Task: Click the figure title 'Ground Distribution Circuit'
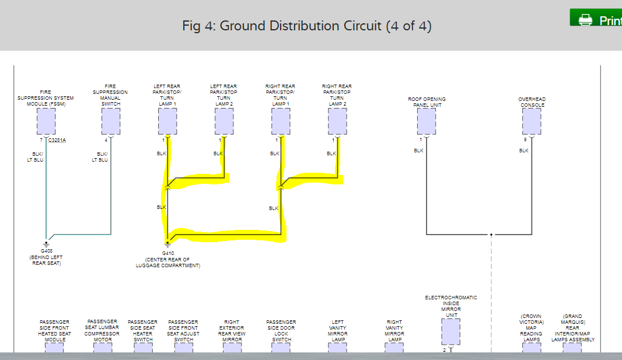click(307, 26)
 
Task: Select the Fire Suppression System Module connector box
click(46, 121)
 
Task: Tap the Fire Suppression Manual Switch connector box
click(110, 121)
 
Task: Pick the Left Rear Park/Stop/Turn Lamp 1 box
click(167, 121)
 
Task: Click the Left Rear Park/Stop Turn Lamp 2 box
click(224, 121)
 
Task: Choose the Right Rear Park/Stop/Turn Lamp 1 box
click(281, 121)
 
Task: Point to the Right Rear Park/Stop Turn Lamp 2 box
click(337, 121)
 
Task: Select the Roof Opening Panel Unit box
click(427, 121)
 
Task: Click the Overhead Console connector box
click(532, 121)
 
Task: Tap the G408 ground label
click(47, 251)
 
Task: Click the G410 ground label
click(168, 253)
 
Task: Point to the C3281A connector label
click(57, 140)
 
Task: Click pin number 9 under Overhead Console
click(525, 140)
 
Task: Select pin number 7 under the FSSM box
click(41, 140)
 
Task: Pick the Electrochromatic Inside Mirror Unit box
click(451, 331)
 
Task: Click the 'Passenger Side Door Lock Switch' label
click(281, 331)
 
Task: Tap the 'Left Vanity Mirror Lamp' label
click(338, 331)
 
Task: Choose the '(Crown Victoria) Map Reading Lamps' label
click(531, 328)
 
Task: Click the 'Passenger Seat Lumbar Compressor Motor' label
click(102, 330)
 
